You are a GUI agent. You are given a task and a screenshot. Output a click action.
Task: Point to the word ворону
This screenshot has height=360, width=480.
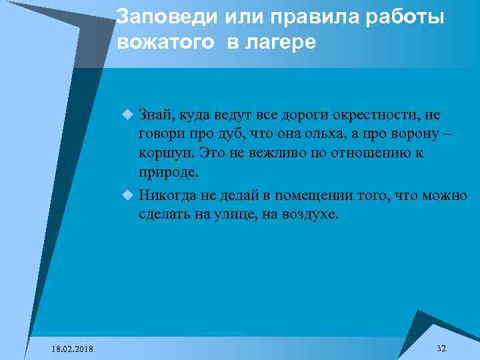point(413,134)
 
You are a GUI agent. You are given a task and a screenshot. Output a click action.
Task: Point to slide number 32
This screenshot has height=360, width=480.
point(441,349)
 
